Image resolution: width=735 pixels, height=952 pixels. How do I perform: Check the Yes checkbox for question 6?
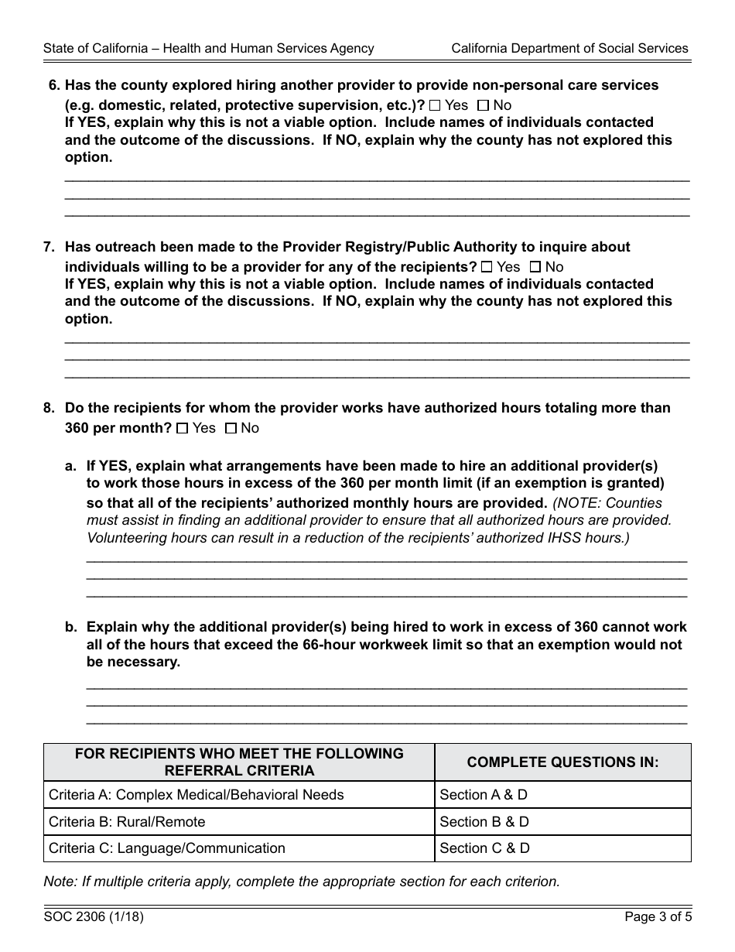[435, 105]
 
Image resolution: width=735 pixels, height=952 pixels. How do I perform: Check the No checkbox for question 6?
[483, 105]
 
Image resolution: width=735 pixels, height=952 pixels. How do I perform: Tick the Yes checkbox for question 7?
[487, 267]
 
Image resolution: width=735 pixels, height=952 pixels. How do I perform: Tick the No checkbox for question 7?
[535, 267]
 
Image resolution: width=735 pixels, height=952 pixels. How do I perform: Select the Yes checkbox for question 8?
[183, 428]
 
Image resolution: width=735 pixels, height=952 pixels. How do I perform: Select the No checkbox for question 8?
[231, 428]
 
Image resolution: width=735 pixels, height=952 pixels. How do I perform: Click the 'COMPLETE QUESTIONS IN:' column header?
[562, 762]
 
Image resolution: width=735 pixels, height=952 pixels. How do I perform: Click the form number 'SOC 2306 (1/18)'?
[94, 918]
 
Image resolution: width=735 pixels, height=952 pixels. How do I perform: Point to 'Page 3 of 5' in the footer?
[658, 918]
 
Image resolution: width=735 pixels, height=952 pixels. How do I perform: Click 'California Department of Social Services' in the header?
[569, 48]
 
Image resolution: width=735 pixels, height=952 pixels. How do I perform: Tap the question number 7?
[49, 247]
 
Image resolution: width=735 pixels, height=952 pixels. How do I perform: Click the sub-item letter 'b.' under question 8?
[71, 628]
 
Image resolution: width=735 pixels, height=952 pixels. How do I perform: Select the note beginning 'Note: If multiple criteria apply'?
[301, 881]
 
